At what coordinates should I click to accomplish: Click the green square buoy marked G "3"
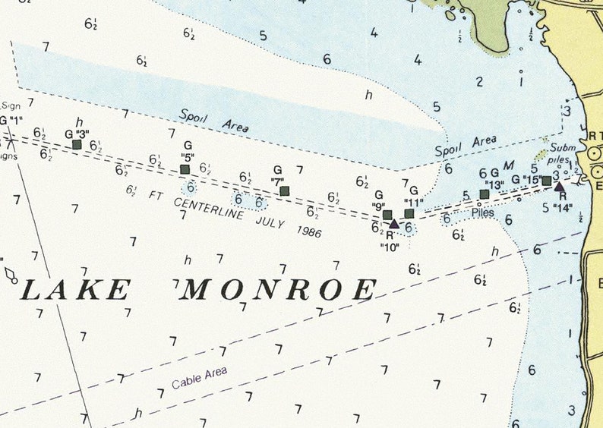(77, 144)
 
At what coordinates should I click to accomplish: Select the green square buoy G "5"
(185, 170)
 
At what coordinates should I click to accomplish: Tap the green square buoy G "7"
(284, 190)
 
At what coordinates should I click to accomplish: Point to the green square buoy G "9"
(387, 215)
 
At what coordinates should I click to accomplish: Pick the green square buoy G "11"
(409, 213)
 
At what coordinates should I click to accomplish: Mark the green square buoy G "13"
(485, 194)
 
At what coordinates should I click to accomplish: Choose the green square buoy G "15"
(546, 181)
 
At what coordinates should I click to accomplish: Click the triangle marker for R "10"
(393, 224)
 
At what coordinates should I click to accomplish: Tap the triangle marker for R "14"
(559, 186)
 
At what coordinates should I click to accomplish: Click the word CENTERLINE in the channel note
(210, 209)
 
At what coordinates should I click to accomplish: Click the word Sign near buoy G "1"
(11, 106)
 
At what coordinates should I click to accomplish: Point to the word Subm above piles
(563, 148)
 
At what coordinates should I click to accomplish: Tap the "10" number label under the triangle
(388, 246)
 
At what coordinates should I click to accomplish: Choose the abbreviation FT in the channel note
(156, 195)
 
